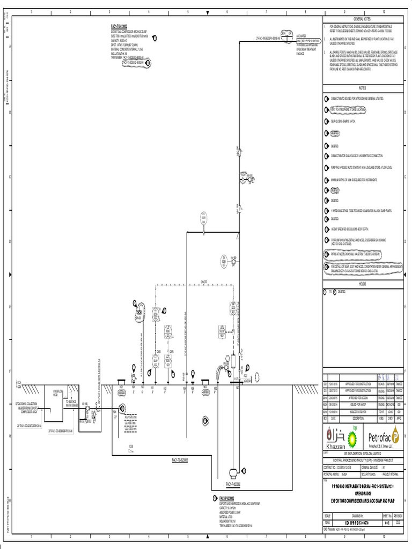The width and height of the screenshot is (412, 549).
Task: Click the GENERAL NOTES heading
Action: pos(362,18)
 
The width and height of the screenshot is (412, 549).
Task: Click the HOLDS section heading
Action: pos(362,283)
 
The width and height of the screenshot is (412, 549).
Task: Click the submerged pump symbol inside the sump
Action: pos(233,473)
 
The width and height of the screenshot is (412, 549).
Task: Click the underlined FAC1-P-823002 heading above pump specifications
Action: pos(231,498)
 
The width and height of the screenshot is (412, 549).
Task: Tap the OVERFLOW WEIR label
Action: pos(58,393)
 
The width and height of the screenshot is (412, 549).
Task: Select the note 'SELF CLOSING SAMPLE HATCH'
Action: pos(345,121)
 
